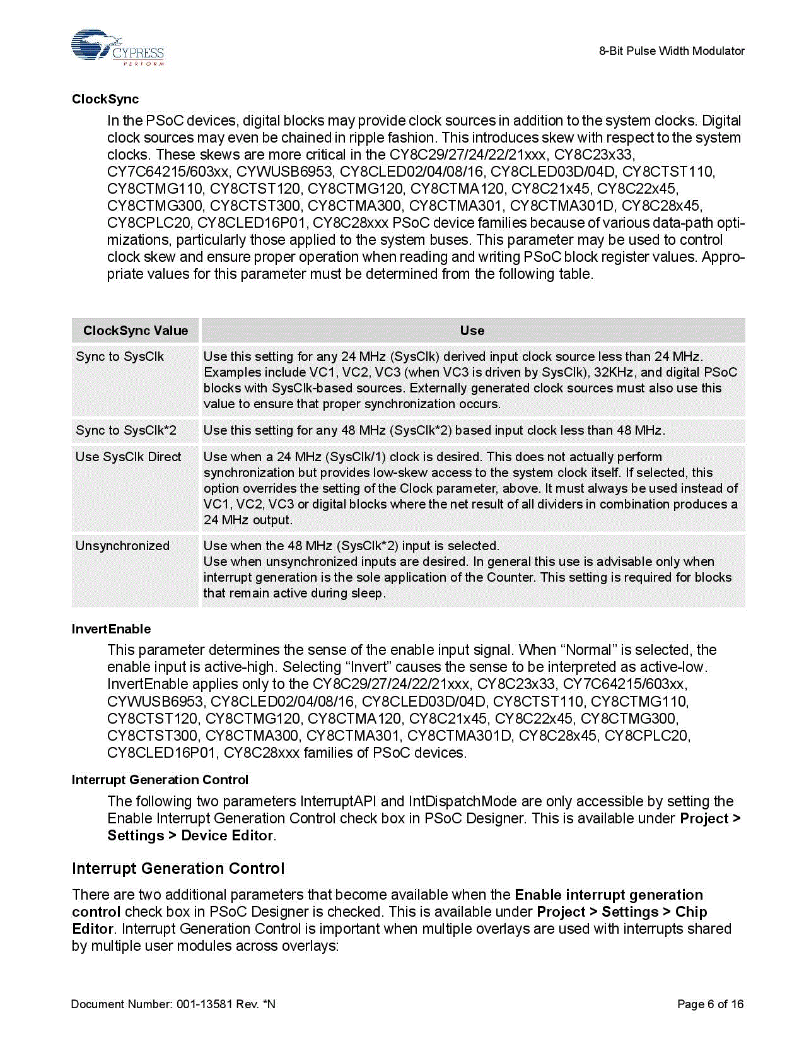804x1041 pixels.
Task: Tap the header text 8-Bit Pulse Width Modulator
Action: [672, 51]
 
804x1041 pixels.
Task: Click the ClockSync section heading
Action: [105, 99]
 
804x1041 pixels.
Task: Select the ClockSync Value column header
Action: [136, 331]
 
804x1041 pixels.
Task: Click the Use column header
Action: [472, 331]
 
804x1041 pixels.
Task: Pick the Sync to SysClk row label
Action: [120, 356]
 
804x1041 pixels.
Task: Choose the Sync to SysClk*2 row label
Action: [126, 430]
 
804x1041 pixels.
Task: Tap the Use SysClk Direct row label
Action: [129, 457]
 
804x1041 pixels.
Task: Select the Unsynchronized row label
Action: [122, 546]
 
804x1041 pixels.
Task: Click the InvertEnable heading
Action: [112, 629]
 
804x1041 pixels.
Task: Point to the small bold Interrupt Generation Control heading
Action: [160, 780]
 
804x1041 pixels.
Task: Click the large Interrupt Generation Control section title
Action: [178, 869]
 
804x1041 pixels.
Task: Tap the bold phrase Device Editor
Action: [227, 836]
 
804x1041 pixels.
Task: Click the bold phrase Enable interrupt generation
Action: [609, 895]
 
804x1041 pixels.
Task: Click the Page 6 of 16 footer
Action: [710, 1004]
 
